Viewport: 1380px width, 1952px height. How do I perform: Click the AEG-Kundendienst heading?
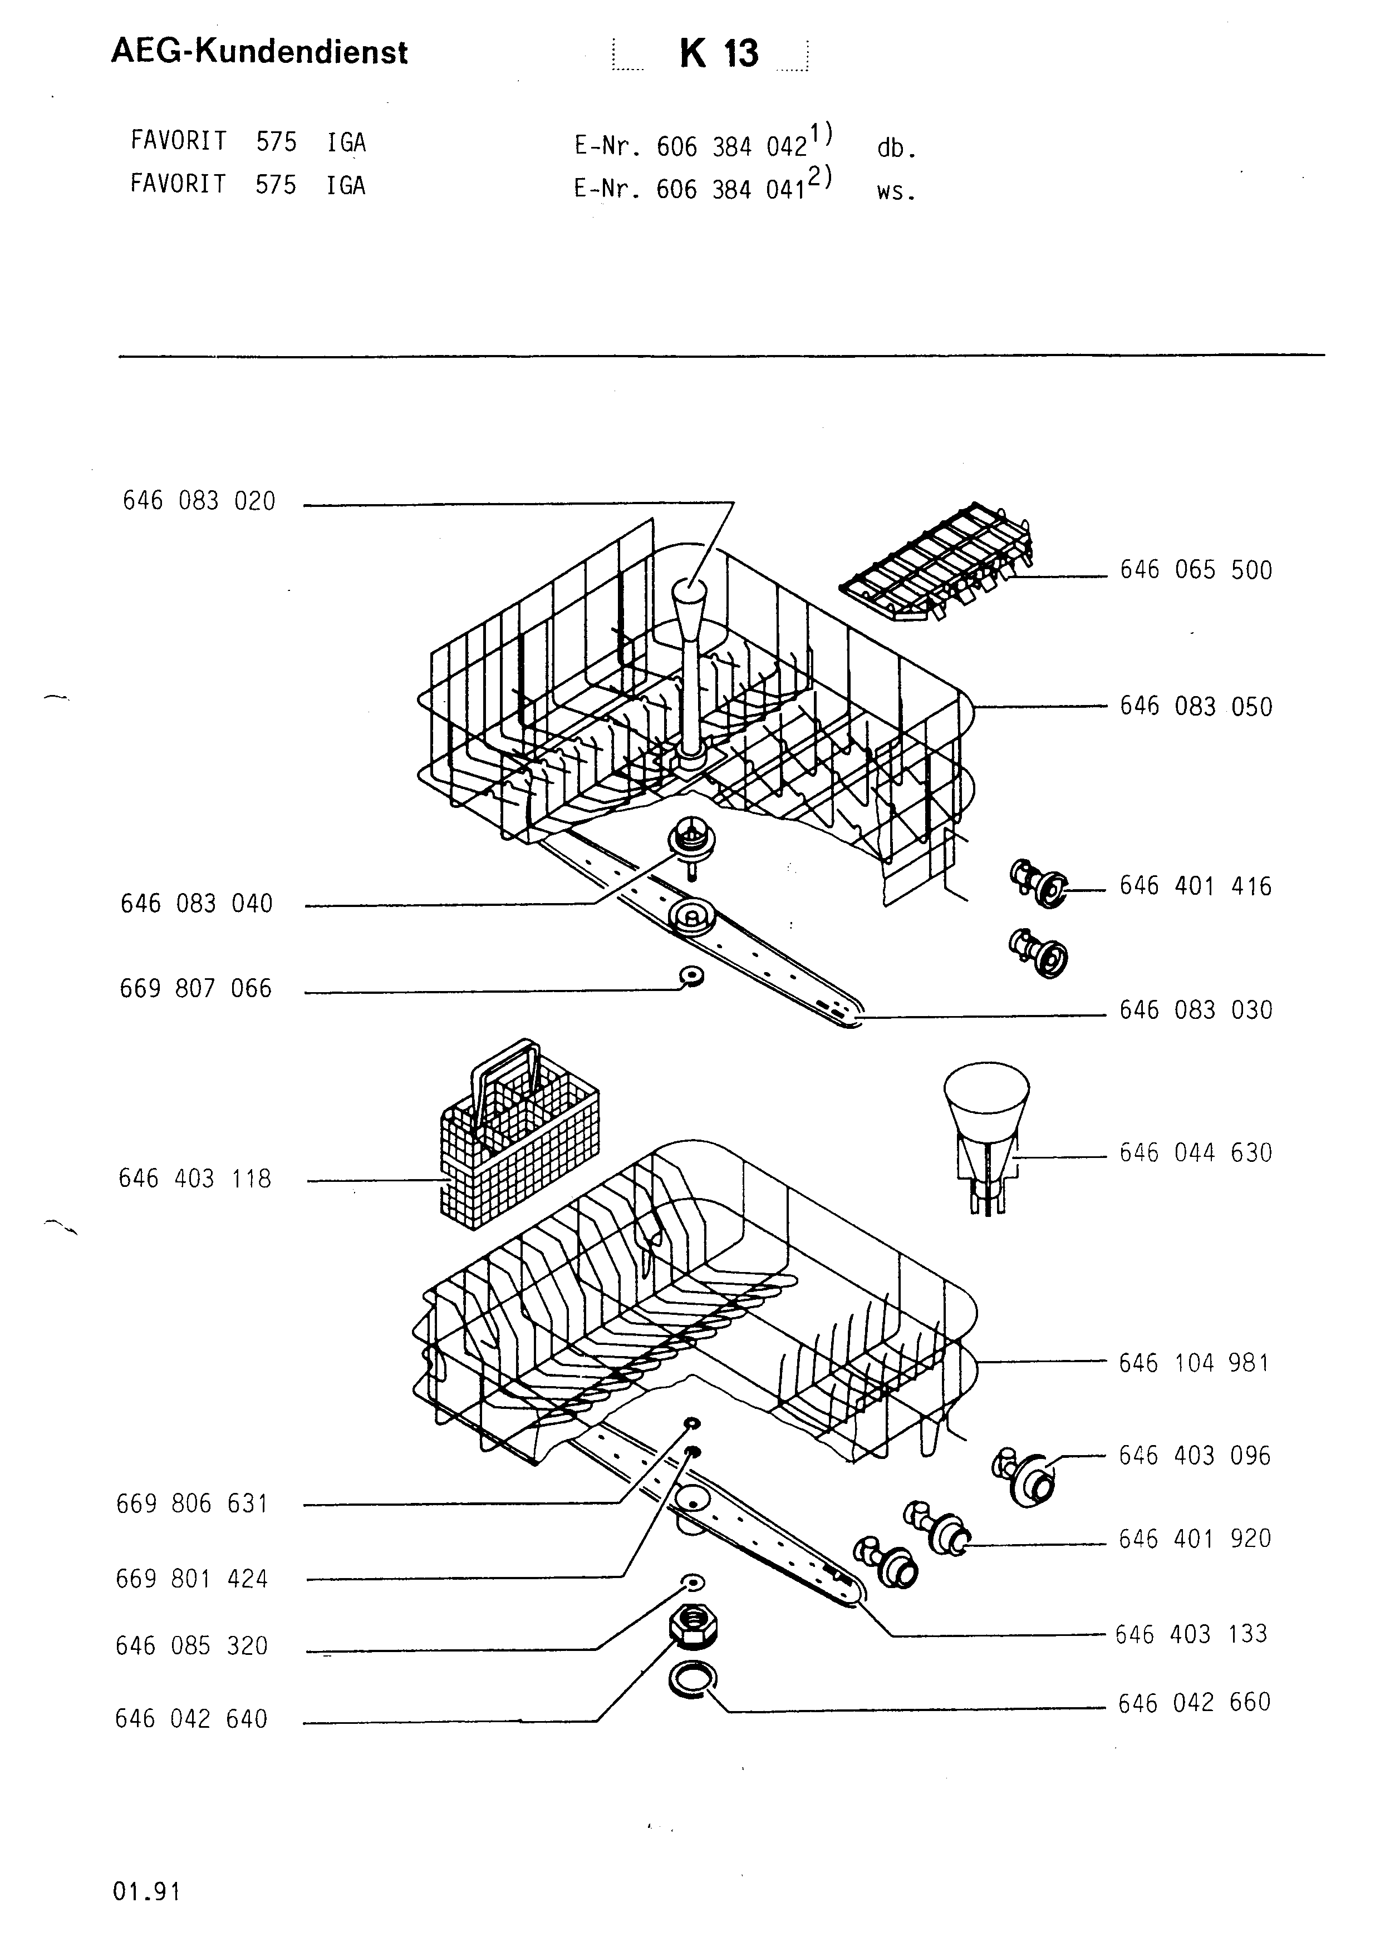tap(259, 53)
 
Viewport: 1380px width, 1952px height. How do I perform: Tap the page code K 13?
tap(719, 53)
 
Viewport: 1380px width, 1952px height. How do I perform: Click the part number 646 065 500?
tap(1196, 570)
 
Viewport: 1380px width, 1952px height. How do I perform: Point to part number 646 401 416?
tap(1196, 886)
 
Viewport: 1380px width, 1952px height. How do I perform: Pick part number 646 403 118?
tap(195, 1179)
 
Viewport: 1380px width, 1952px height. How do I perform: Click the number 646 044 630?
tap(1196, 1153)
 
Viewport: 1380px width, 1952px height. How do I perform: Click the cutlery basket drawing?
tap(519, 1135)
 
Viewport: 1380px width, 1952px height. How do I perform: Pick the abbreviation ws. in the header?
tap(896, 192)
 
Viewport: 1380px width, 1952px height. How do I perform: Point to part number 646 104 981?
tap(1194, 1363)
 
